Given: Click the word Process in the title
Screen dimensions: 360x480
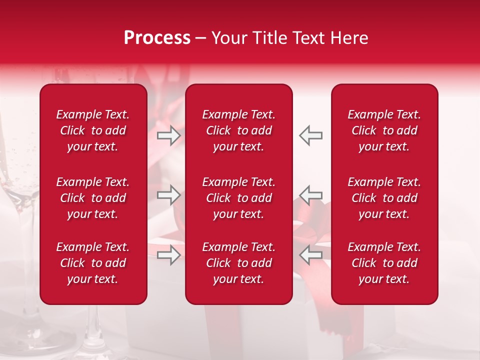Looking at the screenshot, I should click(157, 38).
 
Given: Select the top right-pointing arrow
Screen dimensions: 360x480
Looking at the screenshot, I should click(168, 135).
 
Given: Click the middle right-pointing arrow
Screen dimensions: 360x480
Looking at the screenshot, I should click(168, 195).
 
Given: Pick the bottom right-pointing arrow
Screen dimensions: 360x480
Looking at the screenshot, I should click(168, 255).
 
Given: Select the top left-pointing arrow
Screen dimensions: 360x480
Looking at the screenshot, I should click(310, 135).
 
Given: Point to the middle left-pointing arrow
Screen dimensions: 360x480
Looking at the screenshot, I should click(310, 195).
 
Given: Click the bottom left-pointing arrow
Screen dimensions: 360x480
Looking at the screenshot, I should click(310, 255).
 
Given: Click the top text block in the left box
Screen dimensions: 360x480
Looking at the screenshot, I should click(93, 130).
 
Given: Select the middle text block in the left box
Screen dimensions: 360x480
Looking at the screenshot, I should click(93, 198).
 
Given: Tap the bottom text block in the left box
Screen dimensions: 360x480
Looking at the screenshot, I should click(93, 263).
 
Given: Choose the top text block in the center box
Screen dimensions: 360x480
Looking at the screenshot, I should click(238, 130).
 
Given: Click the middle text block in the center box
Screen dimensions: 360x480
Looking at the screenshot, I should click(238, 198).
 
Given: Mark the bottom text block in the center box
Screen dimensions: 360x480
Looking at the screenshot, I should click(238, 263).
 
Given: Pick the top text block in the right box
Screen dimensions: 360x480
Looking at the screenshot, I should click(384, 130).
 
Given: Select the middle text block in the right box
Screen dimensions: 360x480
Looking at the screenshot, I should click(384, 198).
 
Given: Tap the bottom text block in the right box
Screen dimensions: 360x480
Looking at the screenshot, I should click(384, 263).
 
